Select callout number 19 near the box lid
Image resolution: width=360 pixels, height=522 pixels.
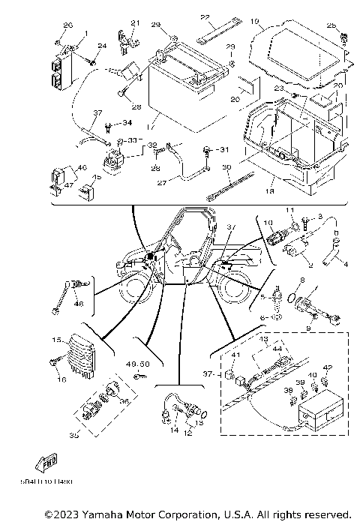click(x=255, y=22)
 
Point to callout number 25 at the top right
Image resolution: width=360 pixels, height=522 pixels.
click(x=332, y=27)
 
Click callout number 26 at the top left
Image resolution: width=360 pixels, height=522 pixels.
click(x=68, y=25)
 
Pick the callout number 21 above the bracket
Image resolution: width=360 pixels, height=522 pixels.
click(x=135, y=22)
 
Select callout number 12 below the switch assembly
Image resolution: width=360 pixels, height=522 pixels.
click(x=188, y=434)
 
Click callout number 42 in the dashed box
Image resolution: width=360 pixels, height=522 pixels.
click(x=326, y=367)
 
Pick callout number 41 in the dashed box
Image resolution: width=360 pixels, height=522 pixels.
click(x=235, y=355)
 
